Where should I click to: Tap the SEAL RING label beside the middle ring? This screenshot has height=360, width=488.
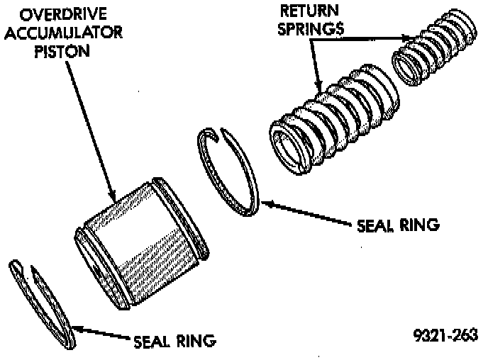point(398,225)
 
